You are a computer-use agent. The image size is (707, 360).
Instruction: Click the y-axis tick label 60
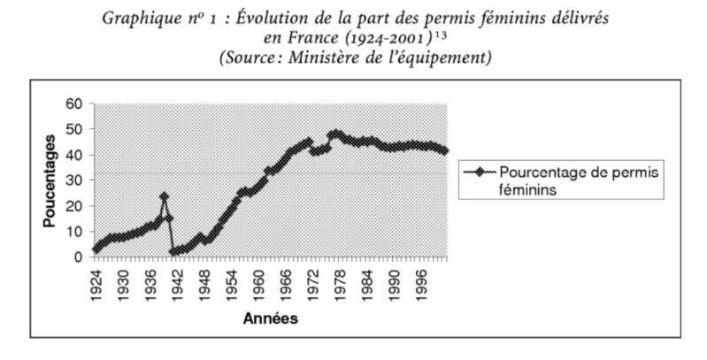74,103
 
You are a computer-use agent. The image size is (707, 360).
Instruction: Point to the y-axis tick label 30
74,180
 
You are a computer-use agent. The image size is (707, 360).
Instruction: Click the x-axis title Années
271,318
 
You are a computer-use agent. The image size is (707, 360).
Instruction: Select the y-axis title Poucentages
51,180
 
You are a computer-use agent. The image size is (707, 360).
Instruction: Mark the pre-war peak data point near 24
164,196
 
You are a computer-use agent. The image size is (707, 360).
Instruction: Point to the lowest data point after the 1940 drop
173,252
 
